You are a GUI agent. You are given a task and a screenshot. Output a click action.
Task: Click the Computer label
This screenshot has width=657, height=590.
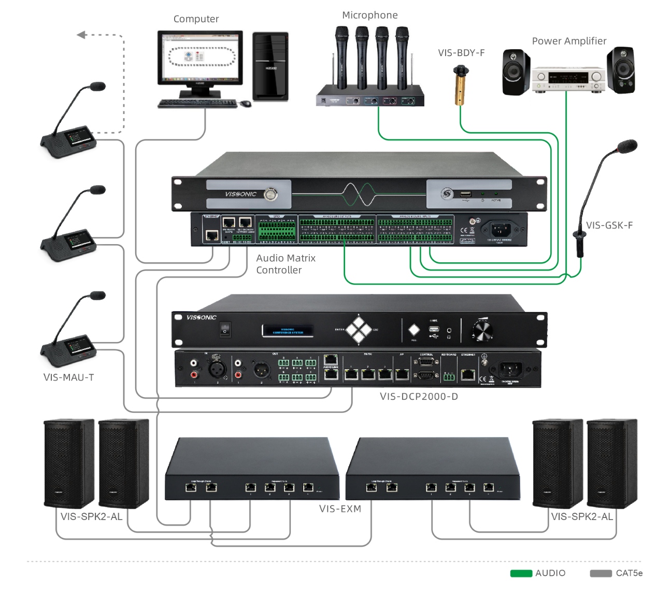click(196, 19)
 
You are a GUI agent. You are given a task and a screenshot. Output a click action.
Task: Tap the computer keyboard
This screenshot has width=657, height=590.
click(197, 104)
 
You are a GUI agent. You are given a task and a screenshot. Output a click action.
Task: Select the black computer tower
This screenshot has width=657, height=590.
click(270, 66)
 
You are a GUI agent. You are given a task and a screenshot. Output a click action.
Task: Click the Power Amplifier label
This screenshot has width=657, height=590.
click(569, 41)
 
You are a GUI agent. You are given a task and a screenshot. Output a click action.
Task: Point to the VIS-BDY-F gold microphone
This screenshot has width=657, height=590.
click(460, 86)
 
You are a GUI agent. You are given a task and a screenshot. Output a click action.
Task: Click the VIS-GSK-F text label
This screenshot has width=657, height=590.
click(609, 225)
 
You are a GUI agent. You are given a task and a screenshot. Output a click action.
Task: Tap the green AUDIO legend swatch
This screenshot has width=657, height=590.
click(521, 573)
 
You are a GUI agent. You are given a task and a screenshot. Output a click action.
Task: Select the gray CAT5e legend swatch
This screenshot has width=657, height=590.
click(601, 573)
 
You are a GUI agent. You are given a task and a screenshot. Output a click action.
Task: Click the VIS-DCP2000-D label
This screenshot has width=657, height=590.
click(419, 397)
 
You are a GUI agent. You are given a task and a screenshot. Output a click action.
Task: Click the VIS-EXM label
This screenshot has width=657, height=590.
click(340, 509)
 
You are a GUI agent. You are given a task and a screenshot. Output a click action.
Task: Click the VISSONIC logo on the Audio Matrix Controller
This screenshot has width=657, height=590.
click(240, 194)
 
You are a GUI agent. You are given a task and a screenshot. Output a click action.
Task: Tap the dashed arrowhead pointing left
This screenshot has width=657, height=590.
click(81, 35)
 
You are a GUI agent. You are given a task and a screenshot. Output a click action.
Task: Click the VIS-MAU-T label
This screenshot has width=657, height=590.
click(68, 377)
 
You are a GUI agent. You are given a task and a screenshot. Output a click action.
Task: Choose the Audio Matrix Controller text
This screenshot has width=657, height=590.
click(285, 264)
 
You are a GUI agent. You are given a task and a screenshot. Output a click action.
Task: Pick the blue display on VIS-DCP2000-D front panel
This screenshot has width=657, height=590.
click(288, 330)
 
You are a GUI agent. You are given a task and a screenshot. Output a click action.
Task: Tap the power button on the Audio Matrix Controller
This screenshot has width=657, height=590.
click(270, 194)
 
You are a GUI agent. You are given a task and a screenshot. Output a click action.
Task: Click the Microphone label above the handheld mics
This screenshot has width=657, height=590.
click(369, 16)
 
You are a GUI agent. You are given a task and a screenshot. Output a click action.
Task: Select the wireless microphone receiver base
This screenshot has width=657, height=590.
click(370, 99)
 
